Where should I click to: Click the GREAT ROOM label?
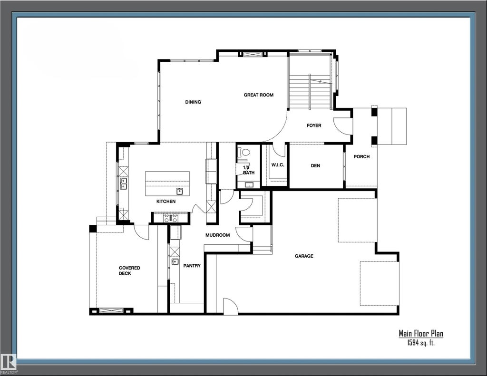[259, 95]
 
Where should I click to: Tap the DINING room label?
[193, 102]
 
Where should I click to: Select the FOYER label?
[314, 126]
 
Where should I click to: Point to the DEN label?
[315, 166]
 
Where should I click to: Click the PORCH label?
[361, 157]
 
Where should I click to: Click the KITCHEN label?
[166, 202]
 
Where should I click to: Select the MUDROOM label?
[217, 235]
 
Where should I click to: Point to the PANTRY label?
[192, 266]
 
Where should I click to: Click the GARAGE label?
[304, 256]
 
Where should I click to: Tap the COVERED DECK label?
[129, 270]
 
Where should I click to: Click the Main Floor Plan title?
[421, 334]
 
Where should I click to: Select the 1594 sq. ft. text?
[421, 343]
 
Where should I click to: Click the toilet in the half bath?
[245, 153]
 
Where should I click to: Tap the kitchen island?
[167, 183]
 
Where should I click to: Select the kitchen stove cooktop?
[170, 218]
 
